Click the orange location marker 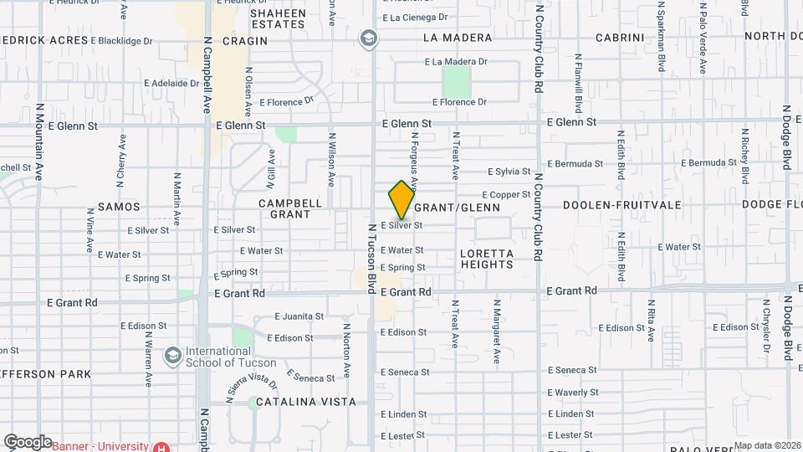(x=401, y=200)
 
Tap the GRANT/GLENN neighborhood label (x=457, y=208)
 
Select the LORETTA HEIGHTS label (x=486, y=259)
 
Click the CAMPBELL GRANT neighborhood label (x=290, y=208)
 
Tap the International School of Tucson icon (x=172, y=356)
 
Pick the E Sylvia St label (x=509, y=172)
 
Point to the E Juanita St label (x=299, y=316)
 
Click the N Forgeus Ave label (x=413, y=160)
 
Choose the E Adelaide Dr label (x=171, y=84)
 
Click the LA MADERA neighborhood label (x=457, y=38)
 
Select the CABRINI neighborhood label (x=620, y=38)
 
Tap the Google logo (x=28, y=441)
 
